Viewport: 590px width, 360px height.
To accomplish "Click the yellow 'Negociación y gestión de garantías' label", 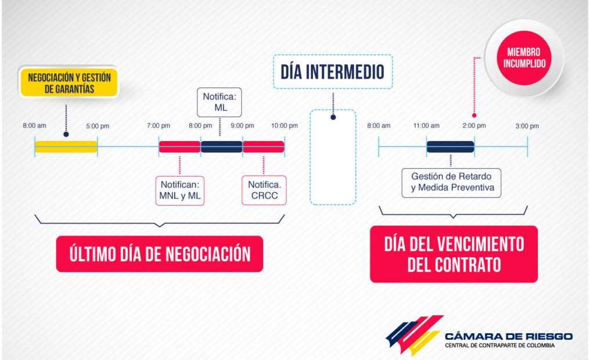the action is [x=69, y=82].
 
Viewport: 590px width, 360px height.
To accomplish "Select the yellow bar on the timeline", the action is [x=66, y=147].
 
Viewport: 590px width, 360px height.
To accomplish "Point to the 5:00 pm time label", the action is [x=98, y=126].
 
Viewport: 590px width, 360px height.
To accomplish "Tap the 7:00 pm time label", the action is [x=159, y=125].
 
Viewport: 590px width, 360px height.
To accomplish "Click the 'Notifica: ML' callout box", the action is [x=220, y=102].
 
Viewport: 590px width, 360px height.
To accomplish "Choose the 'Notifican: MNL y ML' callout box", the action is [x=180, y=190].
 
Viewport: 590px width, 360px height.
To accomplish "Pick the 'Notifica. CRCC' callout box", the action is [x=264, y=190].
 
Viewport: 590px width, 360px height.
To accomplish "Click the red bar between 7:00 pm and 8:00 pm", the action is [x=179, y=147].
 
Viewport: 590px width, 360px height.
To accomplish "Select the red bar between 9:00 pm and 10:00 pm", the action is [x=264, y=147].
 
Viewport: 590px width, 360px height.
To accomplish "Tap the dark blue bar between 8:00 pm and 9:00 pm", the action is [x=222, y=147].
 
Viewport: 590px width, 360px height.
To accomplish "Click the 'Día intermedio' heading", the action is [x=333, y=72].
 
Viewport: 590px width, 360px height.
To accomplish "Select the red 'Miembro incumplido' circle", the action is [x=524, y=58].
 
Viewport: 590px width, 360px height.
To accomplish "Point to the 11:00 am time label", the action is [x=426, y=125].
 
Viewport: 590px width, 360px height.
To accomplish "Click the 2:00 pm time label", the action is [x=474, y=125].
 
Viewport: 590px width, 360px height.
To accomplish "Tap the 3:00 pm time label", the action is [x=527, y=126].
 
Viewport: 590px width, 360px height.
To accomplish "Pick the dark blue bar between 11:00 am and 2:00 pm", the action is [x=451, y=147].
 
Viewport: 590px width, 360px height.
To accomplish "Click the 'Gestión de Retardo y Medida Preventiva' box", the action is [x=452, y=183].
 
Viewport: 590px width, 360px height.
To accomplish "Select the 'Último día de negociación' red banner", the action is [x=160, y=254].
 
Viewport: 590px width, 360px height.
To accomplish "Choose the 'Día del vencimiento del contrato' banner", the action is [x=454, y=254].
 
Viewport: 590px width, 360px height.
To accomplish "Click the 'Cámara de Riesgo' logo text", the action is [x=508, y=336].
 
